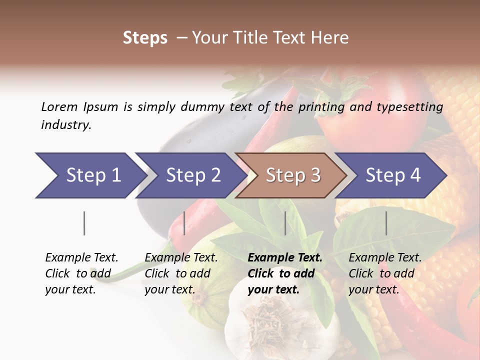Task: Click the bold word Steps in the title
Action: point(145,38)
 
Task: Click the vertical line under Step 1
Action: point(84,223)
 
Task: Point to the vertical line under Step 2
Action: point(184,223)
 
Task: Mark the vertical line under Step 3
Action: point(285,223)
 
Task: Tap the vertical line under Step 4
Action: point(386,223)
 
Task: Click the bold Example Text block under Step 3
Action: point(285,273)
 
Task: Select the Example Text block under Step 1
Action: point(81,273)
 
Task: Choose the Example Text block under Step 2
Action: point(181,273)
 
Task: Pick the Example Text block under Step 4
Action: point(385,273)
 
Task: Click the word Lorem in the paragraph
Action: point(59,106)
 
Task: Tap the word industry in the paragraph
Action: point(66,125)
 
